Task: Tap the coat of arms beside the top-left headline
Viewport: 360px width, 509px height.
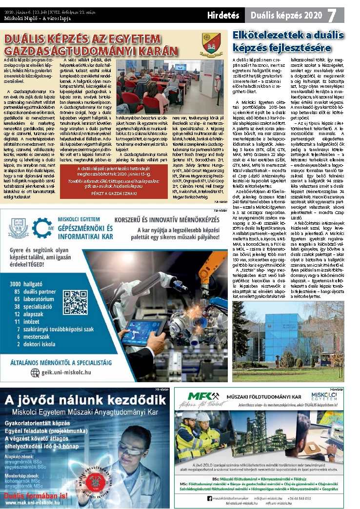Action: pyautogui.click(x=212, y=43)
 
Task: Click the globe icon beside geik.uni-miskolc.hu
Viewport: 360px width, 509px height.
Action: pyautogui.click(x=35, y=372)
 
